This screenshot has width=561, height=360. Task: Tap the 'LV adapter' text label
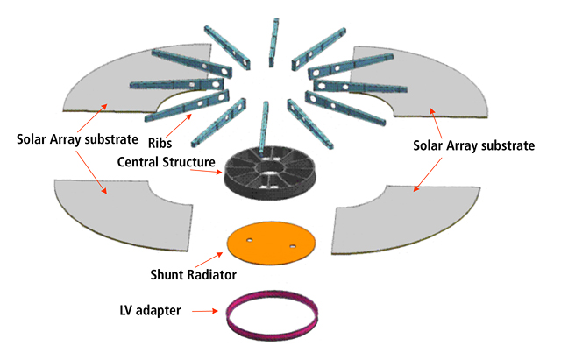click(149, 310)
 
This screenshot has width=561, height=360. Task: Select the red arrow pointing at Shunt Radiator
click(208, 261)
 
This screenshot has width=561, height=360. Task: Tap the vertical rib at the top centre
click(275, 39)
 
